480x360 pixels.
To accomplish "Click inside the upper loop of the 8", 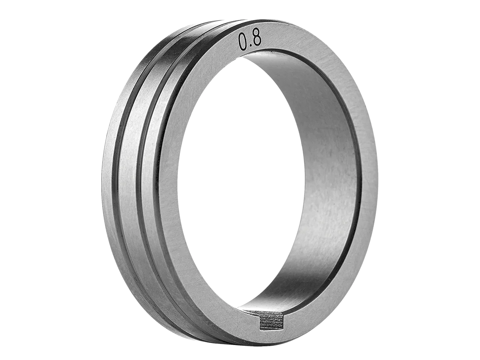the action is pos(257,36).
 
